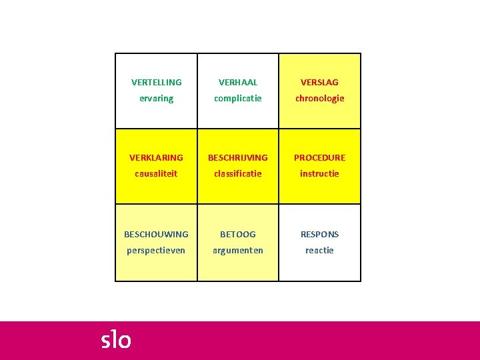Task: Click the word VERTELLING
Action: (x=156, y=83)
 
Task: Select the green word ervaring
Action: (x=156, y=99)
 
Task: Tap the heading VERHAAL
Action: (x=238, y=83)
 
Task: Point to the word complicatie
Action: (x=238, y=99)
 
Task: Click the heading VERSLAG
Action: (x=319, y=83)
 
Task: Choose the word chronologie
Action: (x=319, y=99)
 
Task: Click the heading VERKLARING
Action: (x=156, y=158)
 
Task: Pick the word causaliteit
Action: (x=156, y=174)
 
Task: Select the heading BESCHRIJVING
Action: (x=238, y=158)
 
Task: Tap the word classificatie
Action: (x=238, y=174)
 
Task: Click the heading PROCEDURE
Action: (x=319, y=158)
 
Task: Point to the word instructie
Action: (x=319, y=174)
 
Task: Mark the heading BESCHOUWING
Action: (x=156, y=235)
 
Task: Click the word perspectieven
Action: (x=156, y=251)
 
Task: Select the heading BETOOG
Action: (x=238, y=235)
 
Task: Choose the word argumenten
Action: (x=238, y=251)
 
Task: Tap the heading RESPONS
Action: (x=319, y=235)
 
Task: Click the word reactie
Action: (x=319, y=251)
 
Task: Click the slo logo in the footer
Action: (x=116, y=340)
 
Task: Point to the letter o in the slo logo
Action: (x=125, y=342)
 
